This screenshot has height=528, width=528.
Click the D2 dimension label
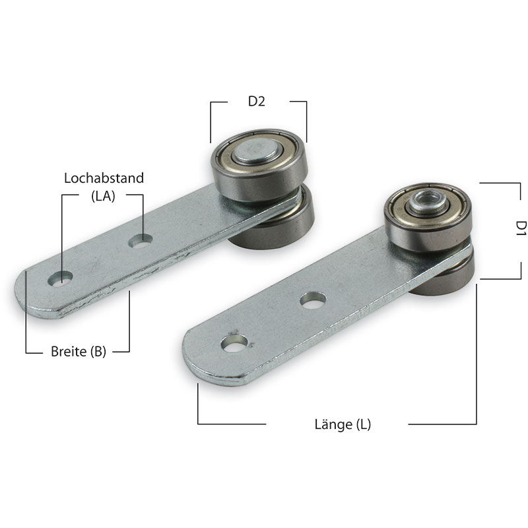pyautogui.click(x=256, y=101)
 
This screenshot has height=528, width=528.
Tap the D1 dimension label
pyautogui.click(x=521, y=228)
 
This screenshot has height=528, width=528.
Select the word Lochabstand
pyautogui.click(x=104, y=178)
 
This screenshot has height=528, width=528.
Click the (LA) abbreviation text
pyautogui.click(x=103, y=196)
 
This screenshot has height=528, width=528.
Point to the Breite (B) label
pyautogui.click(x=79, y=352)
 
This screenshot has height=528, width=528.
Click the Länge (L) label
pyautogui.click(x=343, y=424)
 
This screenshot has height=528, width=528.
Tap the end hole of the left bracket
pyautogui.click(x=60, y=279)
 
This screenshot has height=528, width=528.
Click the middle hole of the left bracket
pyautogui.click(x=141, y=241)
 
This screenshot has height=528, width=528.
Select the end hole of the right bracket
pyautogui.click(x=234, y=343)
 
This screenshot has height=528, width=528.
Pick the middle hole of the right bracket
pyautogui.click(x=313, y=300)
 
